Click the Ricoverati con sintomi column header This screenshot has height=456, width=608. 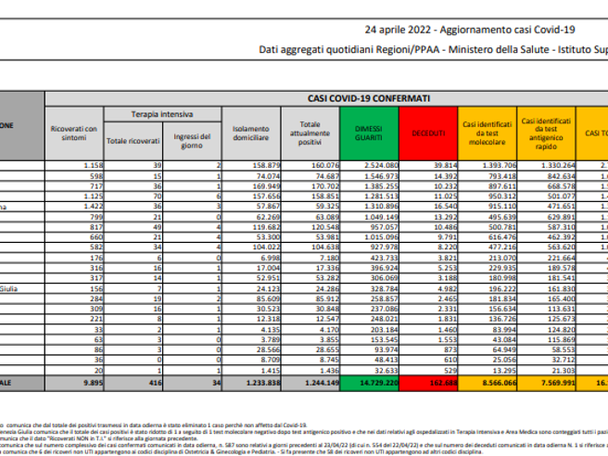click(x=75, y=133)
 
